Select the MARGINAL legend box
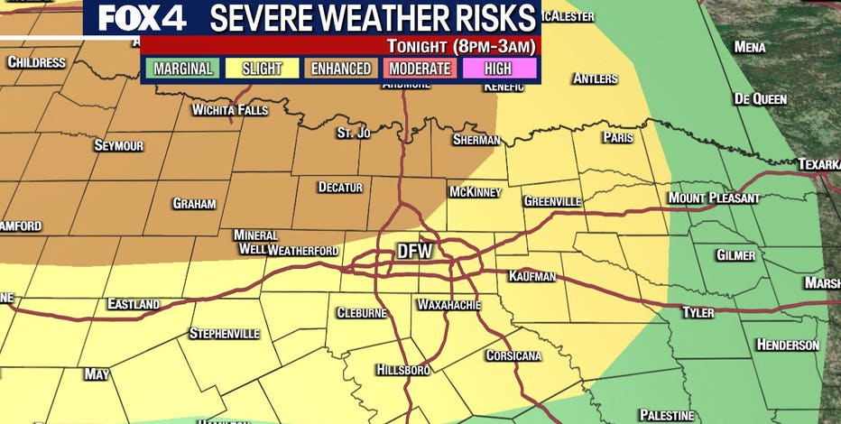coord(182,69)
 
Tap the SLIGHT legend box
coord(262,69)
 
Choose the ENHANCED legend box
coord(341,69)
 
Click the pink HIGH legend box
coord(500,69)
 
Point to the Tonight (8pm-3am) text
coord(461,45)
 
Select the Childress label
coord(36,62)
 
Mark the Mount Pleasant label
coord(714,198)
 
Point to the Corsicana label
coord(513,355)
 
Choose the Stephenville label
coord(224,334)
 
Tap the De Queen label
coord(760,98)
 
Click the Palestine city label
coord(667,415)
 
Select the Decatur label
coord(340,188)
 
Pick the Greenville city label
coord(552,201)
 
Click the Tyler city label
coord(698,312)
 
